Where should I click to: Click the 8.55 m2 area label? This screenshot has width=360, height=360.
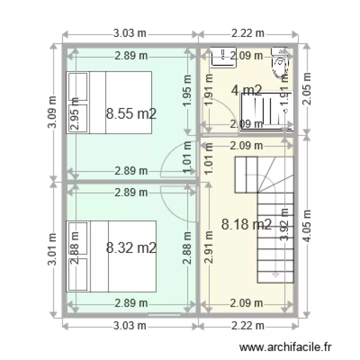[x=132, y=114]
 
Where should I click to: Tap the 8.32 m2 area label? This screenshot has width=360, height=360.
[x=132, y=248]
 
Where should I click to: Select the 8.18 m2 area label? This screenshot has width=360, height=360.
[x=247, y=224]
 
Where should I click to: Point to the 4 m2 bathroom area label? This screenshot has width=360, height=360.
[x=247, y=90]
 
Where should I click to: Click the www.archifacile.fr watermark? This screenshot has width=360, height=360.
[x=286, y=346]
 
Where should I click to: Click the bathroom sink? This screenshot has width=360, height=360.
[x=222, y=57]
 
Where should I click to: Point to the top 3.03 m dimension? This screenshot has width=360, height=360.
[x=130, y=34]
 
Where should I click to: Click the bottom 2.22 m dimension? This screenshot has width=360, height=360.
[x=248, y=326]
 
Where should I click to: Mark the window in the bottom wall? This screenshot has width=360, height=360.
[x=165, y=315]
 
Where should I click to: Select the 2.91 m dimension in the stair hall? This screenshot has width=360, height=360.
[x=209, y=248]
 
